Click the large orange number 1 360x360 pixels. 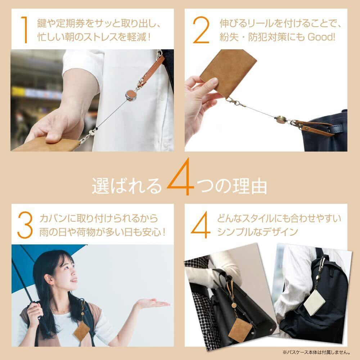(x=24, y=30)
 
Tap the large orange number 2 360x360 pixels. (x=201, y=30)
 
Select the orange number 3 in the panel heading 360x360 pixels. (x=25, y=225)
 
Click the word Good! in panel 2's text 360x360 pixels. (x=321, y=37)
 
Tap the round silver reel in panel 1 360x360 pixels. (x=131, y=95)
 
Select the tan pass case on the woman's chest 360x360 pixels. (x=82, y=330)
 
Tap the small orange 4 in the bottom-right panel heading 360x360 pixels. (x=201, y=225)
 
